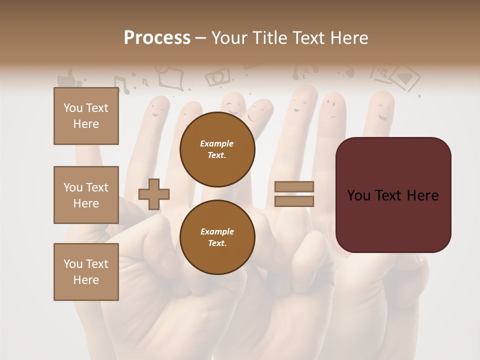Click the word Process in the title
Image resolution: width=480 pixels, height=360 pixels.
157,38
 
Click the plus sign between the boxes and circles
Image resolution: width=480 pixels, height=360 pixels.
154,194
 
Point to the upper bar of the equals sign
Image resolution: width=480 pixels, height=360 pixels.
294,187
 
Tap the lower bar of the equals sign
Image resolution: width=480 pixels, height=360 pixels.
294,201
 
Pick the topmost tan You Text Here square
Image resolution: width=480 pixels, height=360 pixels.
86,116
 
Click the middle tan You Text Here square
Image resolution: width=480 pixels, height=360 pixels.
86,195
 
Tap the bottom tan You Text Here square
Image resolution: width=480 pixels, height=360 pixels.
86,272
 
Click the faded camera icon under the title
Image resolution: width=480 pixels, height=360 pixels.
218,77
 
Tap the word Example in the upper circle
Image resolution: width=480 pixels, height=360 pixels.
217,143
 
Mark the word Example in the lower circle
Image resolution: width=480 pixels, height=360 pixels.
217,231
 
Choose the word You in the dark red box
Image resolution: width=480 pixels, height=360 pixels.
358,195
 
